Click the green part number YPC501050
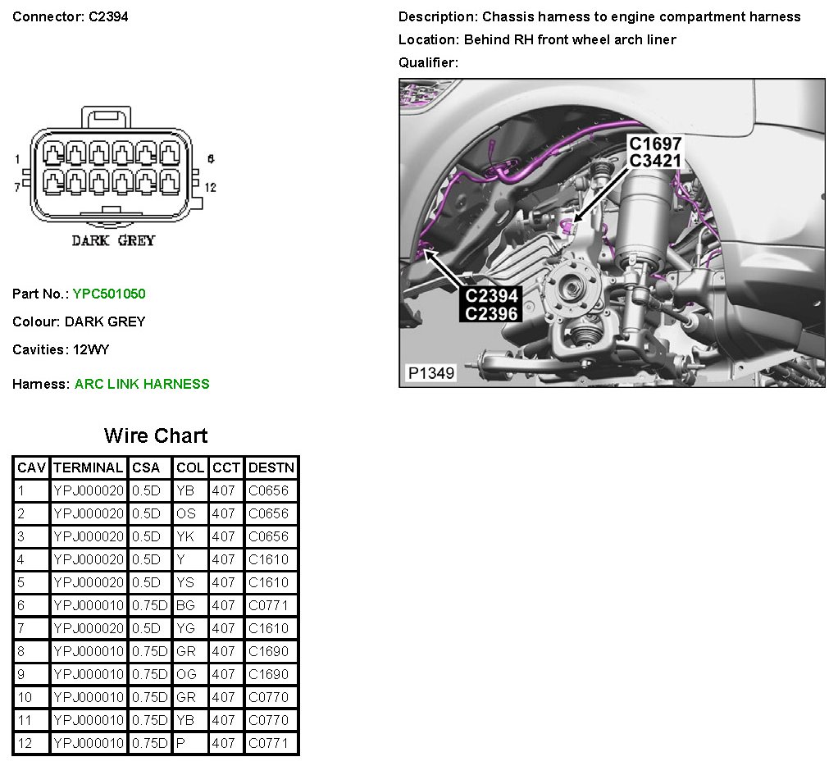(x=109, y=294)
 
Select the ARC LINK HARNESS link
(x=142, y=384)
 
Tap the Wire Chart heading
(x=156, y=435)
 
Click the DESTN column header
(x=271, y=467)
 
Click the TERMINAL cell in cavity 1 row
(x=89, y=490)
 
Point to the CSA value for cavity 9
(x=149, y=674)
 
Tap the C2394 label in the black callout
(x=491, y=295)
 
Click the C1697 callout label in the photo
(x=654, y=144)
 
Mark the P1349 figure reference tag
(x=431, y=372)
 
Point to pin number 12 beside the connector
(x=211, y=187)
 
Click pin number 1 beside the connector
(x=18, y=159)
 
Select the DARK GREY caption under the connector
(x=113, y=240)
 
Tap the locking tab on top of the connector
(x=106, y=117)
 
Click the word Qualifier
(x=428, y=62)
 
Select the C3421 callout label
(x=655, y=161)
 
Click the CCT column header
(x=226, y=467)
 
